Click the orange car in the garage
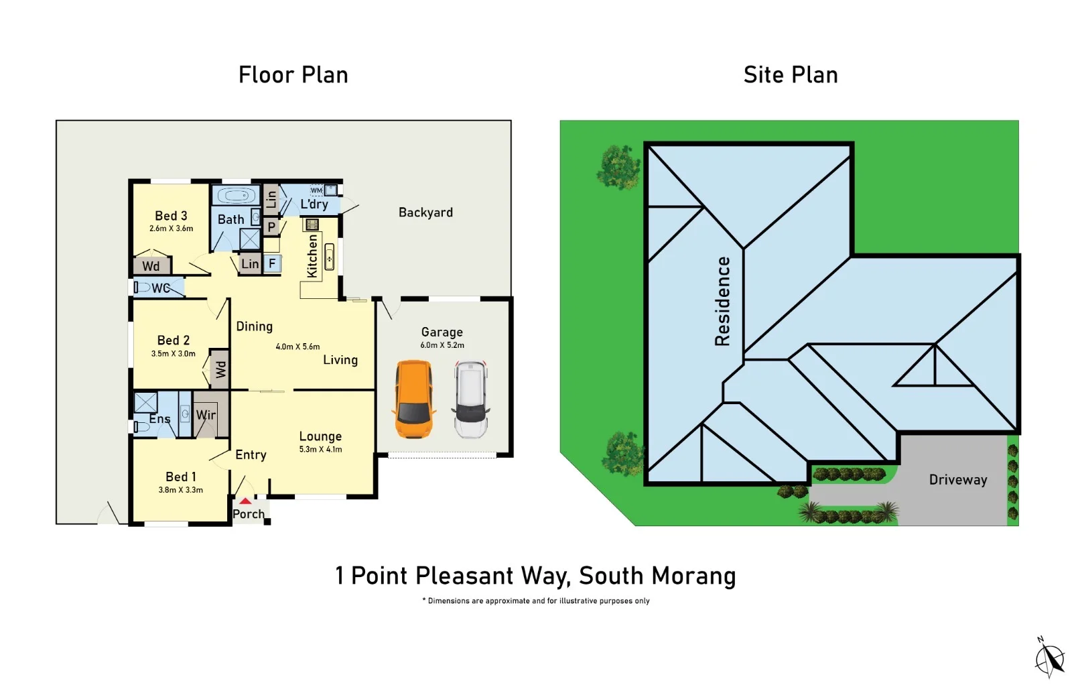pos(413,399)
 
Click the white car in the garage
pos(471,399)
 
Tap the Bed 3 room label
pos(171,216)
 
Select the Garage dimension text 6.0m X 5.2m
pos(442,345)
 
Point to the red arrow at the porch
pos(246,501)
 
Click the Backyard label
pos(425,212)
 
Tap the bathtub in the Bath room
pos(236,196)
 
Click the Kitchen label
pos(312,256)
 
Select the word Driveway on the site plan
pos(957,480)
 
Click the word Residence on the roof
pos(722,301)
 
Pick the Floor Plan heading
pos(293,75)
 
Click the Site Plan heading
pos(791,75)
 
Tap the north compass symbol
pos(1049,658)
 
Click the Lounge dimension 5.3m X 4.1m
pos(320,450)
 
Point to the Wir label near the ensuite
pos(206,415)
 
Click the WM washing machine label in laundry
pos(316,190)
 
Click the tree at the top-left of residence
pos(618,167)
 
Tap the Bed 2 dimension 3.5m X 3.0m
pos(174,354)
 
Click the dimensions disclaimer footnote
pos(536,601)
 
